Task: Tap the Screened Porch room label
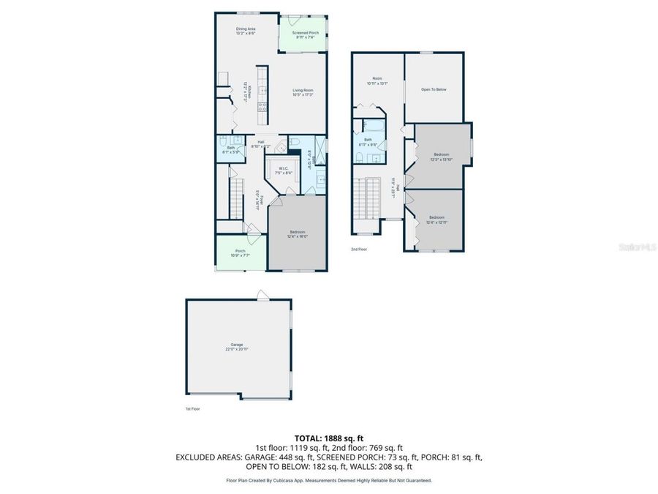(x=305, y=35)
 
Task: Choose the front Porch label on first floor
(x=240, y=253)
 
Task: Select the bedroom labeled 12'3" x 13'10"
(x=441, y=156)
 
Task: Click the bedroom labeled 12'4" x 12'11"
(x=436, y=219)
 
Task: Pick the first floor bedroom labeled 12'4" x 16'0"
(x=296, y=234)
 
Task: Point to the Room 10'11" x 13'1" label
(x=377, y=81)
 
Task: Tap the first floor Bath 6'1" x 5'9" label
(x=231, y=149)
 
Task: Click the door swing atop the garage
(x=262, y=294)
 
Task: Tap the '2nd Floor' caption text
(x=358, y=250)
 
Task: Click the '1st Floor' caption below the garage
(x=192, y=409)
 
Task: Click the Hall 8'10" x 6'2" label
(x=261, y=144)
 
